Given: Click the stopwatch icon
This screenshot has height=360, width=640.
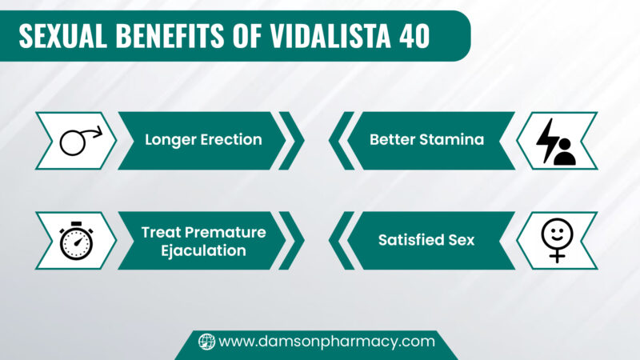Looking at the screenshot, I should click(77, 240).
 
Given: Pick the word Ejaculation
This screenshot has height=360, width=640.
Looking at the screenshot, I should click(203, 250).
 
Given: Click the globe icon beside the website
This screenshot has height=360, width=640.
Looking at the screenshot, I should click(206, 342).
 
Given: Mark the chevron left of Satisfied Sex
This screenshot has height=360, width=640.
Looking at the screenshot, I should click(341, 240).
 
